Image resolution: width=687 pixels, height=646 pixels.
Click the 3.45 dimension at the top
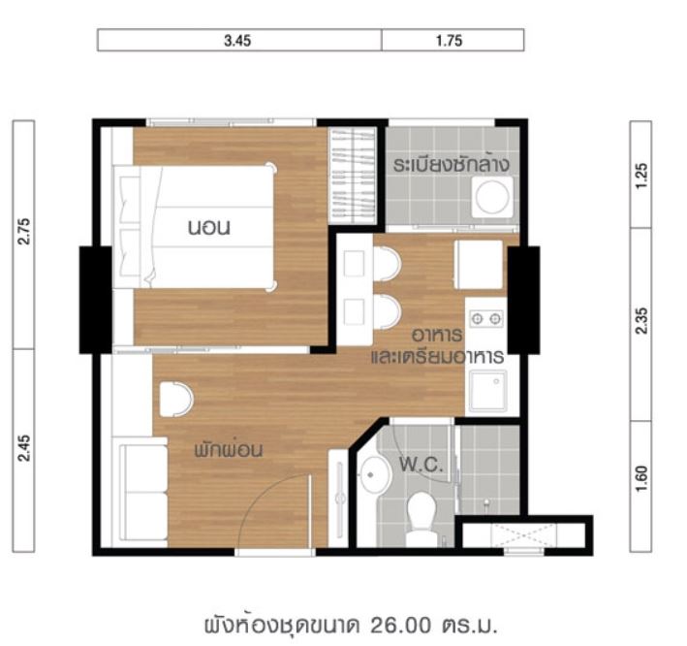tap(237, 41)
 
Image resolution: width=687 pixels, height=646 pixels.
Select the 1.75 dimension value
tap(449, 41)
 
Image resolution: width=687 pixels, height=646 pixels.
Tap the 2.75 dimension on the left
tap(23, 231)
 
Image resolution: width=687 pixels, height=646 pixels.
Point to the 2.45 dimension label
tap(23, 448)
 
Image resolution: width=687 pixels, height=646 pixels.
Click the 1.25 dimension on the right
tap(640, 176)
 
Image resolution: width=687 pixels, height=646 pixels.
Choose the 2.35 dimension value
tap(640, 321)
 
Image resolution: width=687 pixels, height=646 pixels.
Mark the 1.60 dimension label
tap(640, 478)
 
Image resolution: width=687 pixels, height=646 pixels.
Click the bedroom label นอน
tap(209, 228)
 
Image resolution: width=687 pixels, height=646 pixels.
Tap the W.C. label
tap(422, 465)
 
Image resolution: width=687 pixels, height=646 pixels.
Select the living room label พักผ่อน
tap(229, 450)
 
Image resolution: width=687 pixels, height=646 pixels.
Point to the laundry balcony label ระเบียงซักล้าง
tap(452, 165)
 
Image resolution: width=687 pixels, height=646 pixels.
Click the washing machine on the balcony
tap(492, 197)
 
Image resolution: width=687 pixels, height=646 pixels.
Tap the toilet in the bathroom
tap(422, 519)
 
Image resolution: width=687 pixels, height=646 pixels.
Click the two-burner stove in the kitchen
tap(486, 318)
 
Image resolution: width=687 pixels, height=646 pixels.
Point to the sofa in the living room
tap(144, 492)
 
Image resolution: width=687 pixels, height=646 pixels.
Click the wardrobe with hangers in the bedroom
tap(353, 176)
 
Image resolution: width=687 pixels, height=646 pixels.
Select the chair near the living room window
tap(176, 399)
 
